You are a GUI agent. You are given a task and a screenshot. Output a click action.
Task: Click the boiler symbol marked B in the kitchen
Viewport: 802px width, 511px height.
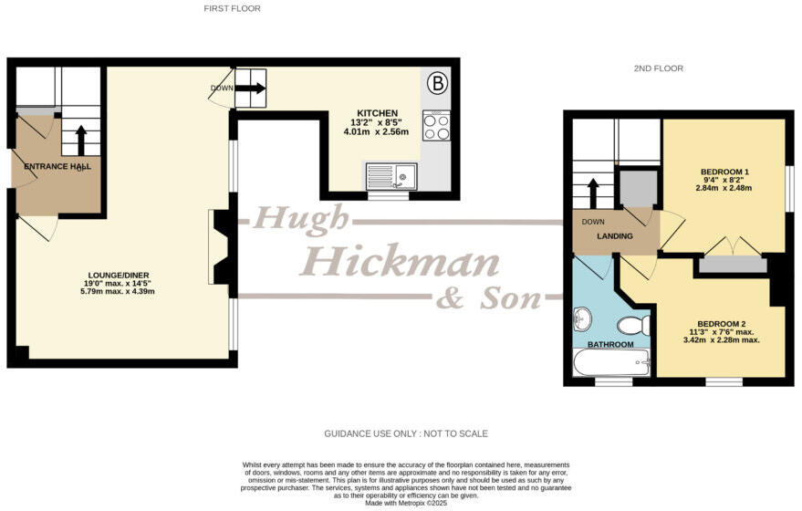(x=438, y=85)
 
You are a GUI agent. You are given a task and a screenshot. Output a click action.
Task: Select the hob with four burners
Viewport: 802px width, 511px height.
(x=436, y=124)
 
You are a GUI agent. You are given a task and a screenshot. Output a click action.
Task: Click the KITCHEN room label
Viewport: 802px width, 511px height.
(x=377, y=113)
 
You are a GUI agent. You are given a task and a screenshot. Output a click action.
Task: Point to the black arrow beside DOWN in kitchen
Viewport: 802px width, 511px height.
(x=252, y=89)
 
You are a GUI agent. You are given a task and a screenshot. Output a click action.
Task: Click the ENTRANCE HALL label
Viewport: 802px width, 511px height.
(x=51, y=167)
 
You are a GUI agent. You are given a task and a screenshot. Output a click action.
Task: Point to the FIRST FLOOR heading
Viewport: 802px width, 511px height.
(x=233, y=8)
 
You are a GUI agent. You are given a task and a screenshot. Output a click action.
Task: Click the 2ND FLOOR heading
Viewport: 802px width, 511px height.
(x=658, y=68)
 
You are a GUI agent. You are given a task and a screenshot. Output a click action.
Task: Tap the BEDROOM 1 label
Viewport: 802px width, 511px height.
(x=724, y=172)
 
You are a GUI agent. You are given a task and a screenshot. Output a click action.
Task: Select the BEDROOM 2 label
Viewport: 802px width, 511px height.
(x=722, y=324)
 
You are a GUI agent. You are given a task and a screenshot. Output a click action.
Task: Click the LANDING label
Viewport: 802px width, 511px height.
(x=614, y=236)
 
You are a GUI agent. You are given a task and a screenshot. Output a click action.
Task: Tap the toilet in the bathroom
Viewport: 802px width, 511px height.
(x=632, y=325)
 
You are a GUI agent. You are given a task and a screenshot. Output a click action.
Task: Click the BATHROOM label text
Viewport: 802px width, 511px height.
(x=609, y=344)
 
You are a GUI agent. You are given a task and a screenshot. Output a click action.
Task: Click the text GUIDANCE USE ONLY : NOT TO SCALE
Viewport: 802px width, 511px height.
(x=405, y=433)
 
